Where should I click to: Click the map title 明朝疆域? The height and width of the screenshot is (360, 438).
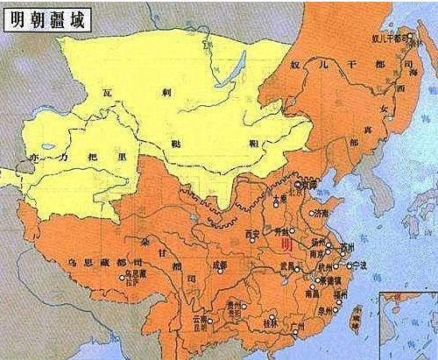(50, 17)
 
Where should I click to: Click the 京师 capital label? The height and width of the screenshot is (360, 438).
(307, 185)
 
